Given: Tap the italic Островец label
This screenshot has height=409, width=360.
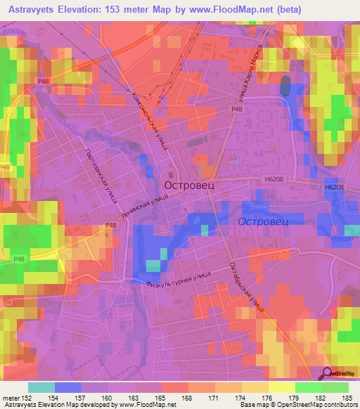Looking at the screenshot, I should point(264,221).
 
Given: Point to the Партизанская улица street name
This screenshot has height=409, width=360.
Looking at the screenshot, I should point(99,175).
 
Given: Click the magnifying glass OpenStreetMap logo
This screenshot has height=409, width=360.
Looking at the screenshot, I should point(328,373).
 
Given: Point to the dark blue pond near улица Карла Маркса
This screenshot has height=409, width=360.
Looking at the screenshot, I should point(284,86).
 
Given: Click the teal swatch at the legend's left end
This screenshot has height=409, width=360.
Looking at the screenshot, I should point(41,387).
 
